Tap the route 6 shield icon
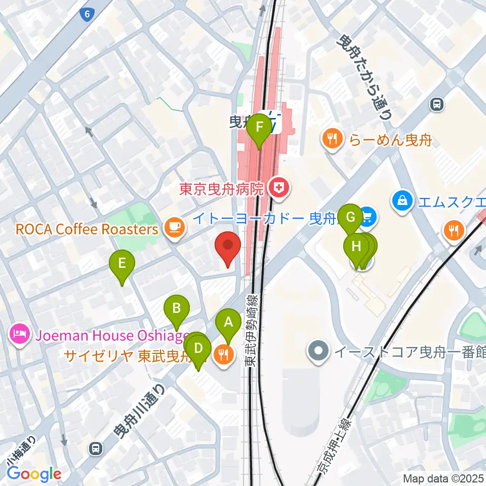[88, 15]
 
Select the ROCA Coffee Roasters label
[87, 229]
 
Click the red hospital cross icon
[277, 189]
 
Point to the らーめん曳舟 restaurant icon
[332, 140]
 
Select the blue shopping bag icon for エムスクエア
[401, 201]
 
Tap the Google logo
[34, 474]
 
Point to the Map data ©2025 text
[443, 477]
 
